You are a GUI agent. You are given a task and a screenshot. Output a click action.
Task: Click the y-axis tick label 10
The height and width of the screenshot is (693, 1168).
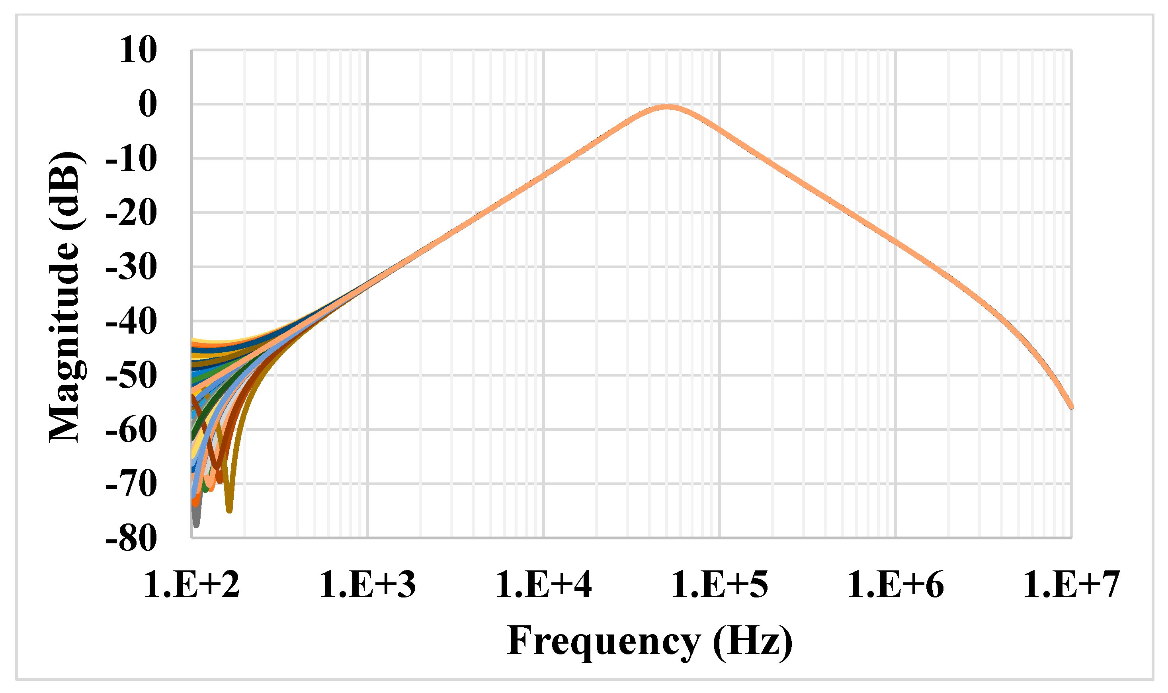pos(138,50)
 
